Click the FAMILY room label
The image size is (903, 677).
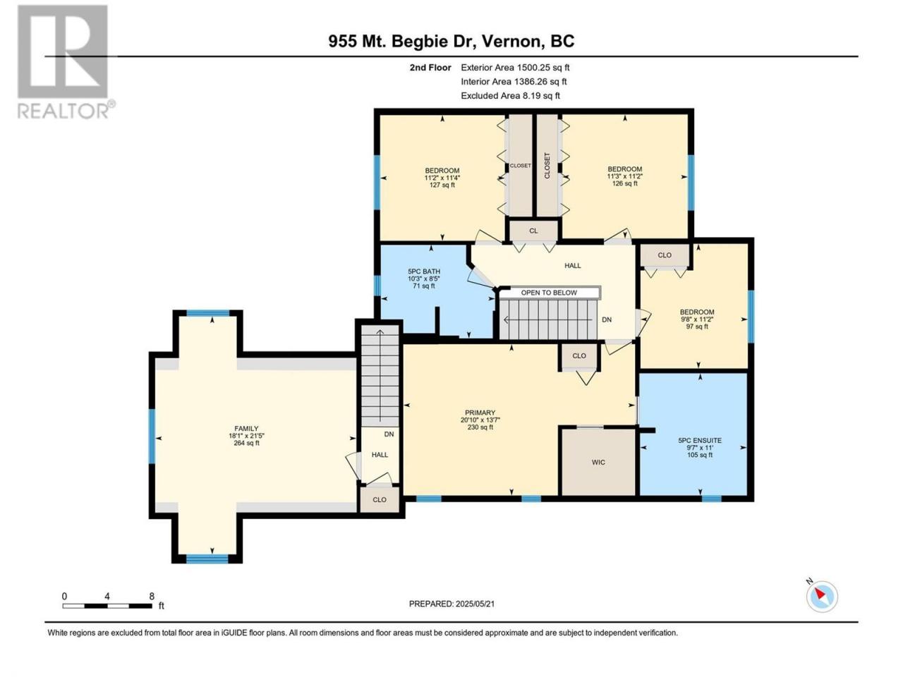[x=246, y=428]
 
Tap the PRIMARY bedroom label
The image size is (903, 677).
[x=480, y=413]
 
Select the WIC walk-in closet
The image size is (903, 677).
[x=598, y=462]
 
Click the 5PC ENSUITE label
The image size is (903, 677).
[x=700, y=440]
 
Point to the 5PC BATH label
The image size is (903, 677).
[x=424, y=272]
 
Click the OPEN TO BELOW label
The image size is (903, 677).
[x=549, y=293]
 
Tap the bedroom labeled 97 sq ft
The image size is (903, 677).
[x=697, y=319]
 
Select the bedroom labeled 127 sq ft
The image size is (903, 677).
[x=442, y=178]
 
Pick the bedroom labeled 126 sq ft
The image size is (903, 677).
[x=625, y=176]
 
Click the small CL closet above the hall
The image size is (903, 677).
[x=533, y=231]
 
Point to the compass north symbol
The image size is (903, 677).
[x=822, y=597]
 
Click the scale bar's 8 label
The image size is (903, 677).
[x=152, y=596]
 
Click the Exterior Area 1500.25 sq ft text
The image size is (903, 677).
[x=515, y=68]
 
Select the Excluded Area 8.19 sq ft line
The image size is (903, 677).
[x=511, y=96]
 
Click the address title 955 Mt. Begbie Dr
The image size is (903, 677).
[x=402, y=42]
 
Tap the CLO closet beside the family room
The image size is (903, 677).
[x=380, y=499]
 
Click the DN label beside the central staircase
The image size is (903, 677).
[x=607, y=319]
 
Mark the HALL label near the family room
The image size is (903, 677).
[x=380, y=455]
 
